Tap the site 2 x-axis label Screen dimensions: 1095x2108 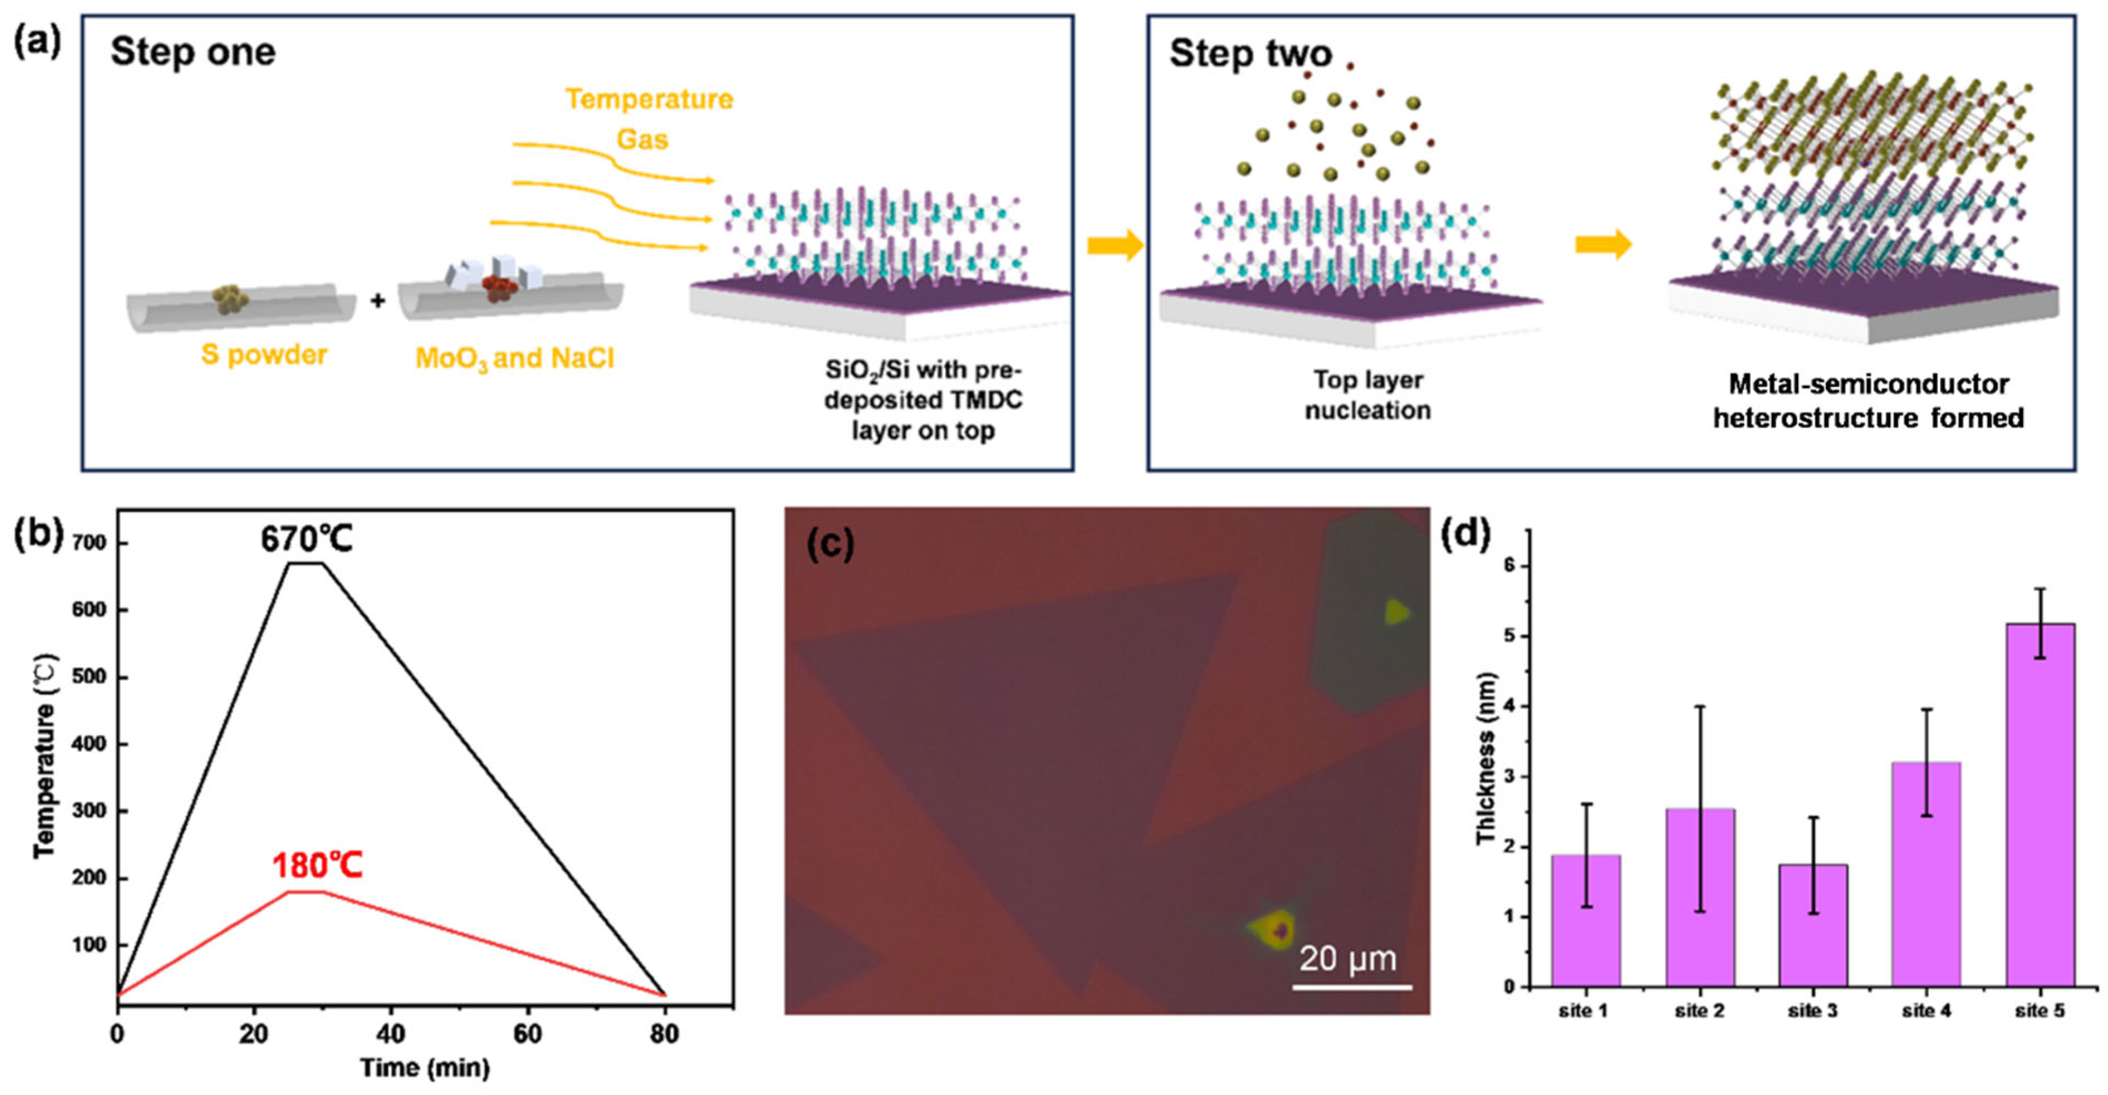(x=1699, y=1011)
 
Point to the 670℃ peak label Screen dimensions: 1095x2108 (x=306, y=540)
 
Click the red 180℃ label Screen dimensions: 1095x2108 (x=317, y=866)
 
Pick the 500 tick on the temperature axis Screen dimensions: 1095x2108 (x=89, y=677)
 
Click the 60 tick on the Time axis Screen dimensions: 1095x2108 (x=527, y=1034)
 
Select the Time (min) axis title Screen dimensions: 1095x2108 (x=425, y=1068)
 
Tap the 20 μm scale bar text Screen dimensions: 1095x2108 (x=1347, y=958)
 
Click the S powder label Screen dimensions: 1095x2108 (x=264, y=355)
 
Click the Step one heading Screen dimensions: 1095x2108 (x=193, y=52)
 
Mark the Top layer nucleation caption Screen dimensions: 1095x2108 (x=1367, y=395)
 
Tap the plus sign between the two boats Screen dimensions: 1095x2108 (x=377, y=300)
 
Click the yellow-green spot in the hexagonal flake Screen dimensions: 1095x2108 (x=1396, y=611)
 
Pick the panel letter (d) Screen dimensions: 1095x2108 (x=1466, y=534)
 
